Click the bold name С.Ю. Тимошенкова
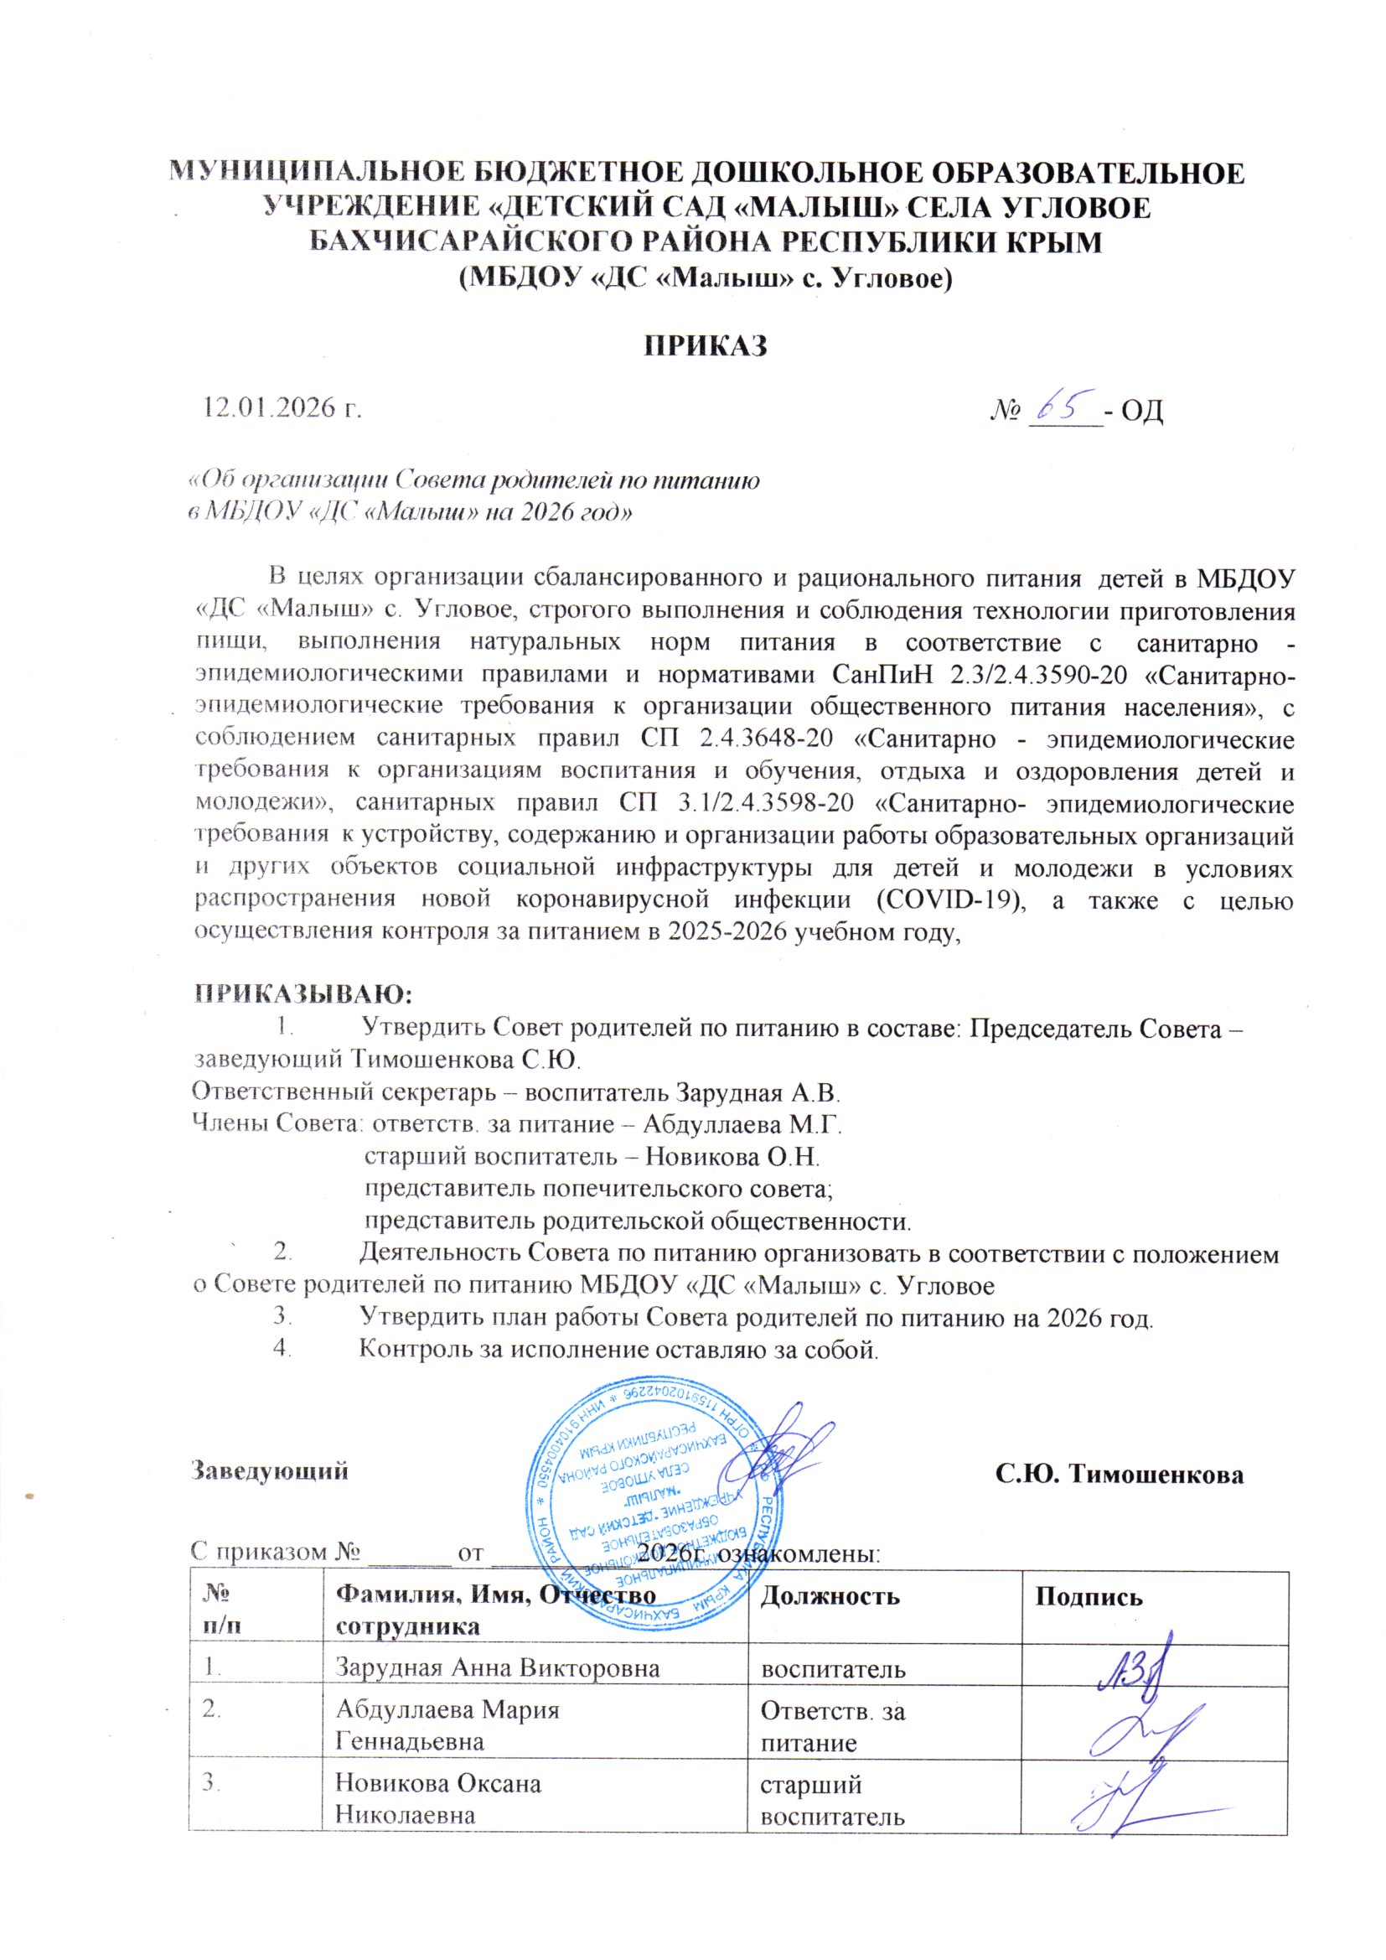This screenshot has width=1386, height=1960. coord(1119,1473)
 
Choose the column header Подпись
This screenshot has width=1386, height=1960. coord(1089,1595)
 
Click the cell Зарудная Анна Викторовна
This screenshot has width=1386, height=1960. coord(498,1667)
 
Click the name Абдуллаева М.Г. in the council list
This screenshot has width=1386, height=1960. coord(742,1126)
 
